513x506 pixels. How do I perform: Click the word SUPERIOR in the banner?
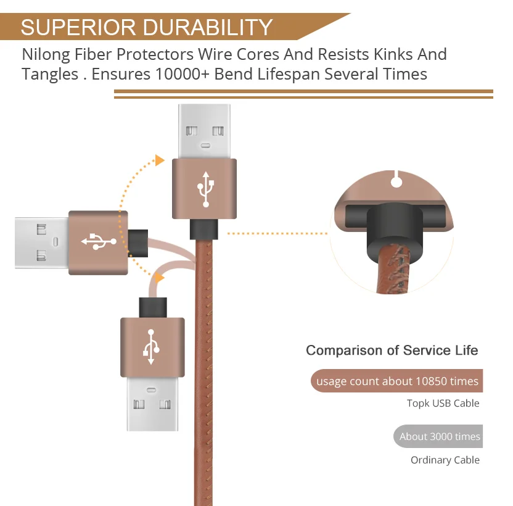(x=78, y=27)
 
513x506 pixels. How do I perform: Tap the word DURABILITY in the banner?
(x=207, y=27)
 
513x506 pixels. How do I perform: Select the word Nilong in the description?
(x=46, y=55)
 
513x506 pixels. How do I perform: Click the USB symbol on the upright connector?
(x=205, y=189)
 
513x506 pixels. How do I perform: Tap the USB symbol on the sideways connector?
(x=99, y=242)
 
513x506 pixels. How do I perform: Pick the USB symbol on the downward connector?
(x=151, y=347)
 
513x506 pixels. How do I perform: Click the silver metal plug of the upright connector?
(x=205, y=131)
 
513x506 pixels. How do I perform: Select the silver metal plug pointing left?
(x=42, y=243)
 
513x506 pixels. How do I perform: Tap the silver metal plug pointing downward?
(x=152, y=404)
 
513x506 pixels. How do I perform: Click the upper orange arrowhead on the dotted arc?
(x=160, y=160)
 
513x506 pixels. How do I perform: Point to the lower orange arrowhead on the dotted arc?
(x=159, y=278)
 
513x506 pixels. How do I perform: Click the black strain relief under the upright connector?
(x=204, y=230)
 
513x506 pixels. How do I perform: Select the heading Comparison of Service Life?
(x=392, y=350)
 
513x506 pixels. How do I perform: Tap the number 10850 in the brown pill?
(x=431, y=381)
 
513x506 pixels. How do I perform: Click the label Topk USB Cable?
(x=443, y=403)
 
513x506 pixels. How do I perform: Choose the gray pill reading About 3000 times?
(x=438, y=436)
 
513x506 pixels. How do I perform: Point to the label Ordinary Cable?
(x=445, y=460)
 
